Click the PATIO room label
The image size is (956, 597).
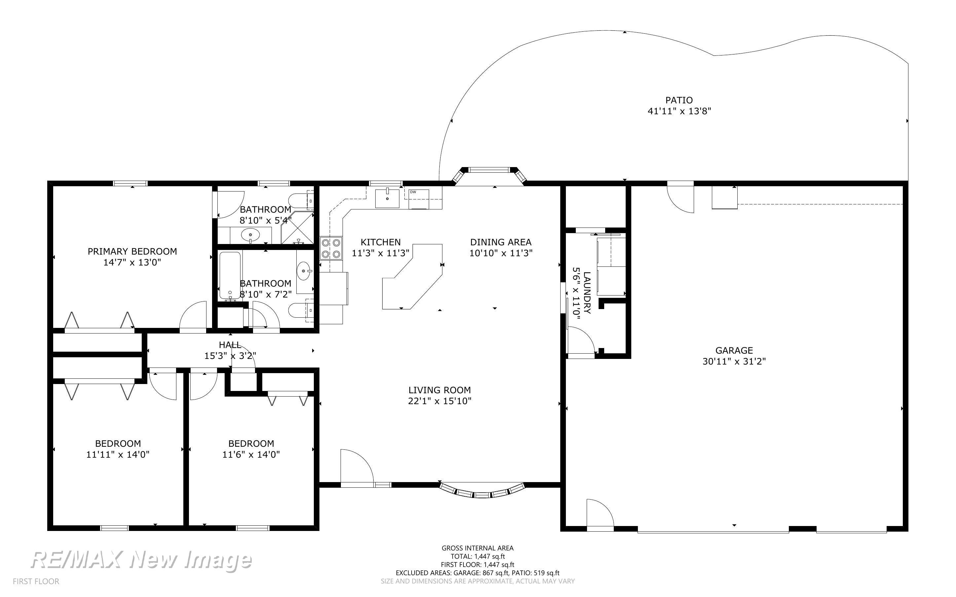pyautogui.click(x=679, y=100)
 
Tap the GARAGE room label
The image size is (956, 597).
pyautogui.click(x=734, y=350)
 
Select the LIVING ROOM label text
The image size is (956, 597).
pyautogui.click(x=439, y=390)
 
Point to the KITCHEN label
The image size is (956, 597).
pyautogui.click(x=381, y=242)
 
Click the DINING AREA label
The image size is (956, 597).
pyautogui.click(x=501, y=242)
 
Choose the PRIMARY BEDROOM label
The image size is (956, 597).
pyautogui.click(x=132, y=252)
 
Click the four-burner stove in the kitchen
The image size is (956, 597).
pyautogui.click(x=331, y=248)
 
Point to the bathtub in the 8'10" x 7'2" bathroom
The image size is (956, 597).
pyautogui.click(x=230, y=276)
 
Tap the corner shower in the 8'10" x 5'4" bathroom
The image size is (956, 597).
pyautogui.click(x=297, y=228)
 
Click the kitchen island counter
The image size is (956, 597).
pyautogui.click(x=412, y=276)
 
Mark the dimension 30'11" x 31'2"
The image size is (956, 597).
pyautogui.click(x=734, y=361)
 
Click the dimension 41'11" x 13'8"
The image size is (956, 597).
pyautogui.click(x=679, y=111)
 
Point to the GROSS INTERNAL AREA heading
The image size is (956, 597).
pyautogui.click(x=477, y=548)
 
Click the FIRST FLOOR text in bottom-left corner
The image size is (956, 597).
pyautogui.click(x=36, y=581)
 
